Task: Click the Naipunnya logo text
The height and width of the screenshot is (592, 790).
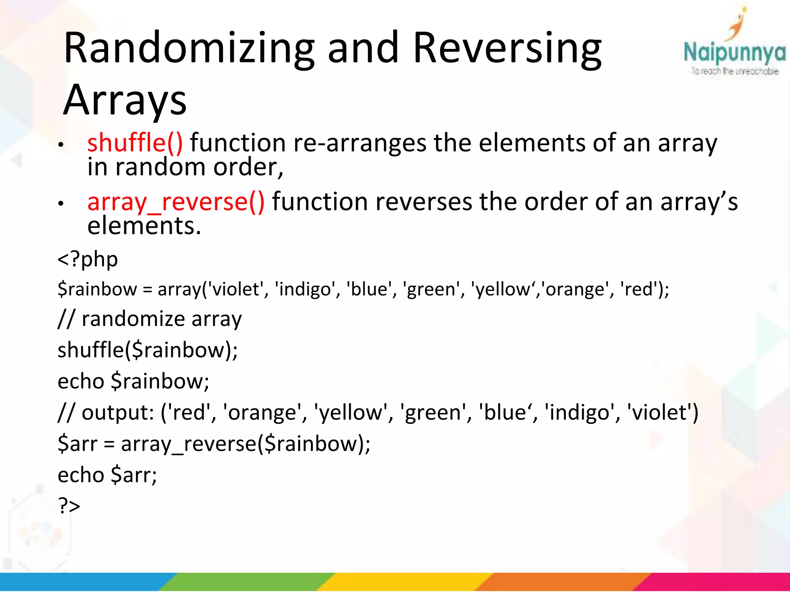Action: click(734, 53)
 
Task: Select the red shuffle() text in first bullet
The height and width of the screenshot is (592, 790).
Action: click(135, 143)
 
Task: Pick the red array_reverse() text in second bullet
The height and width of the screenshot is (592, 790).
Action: click(176, 202)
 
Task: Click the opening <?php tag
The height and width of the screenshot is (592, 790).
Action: click(88, 259)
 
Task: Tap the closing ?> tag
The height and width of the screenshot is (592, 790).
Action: click(69, 505)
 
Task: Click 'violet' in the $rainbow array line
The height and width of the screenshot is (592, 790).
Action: click(236, 289)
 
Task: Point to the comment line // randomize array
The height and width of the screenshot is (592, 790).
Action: click(150, 319)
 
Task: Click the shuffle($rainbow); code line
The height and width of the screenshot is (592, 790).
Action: click(147, 350)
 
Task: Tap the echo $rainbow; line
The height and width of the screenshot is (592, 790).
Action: click(133, 381)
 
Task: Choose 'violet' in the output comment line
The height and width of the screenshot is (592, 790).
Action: click(660, 412)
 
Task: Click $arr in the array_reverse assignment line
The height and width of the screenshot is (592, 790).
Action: click(77, 444)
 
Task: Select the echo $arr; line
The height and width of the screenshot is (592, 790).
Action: click(107, 475)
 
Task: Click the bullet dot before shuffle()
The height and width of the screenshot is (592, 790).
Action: click(61, 145)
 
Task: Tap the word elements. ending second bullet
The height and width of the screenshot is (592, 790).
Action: click(144, 226)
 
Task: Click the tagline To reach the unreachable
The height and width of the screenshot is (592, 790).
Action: click(734, 71)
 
